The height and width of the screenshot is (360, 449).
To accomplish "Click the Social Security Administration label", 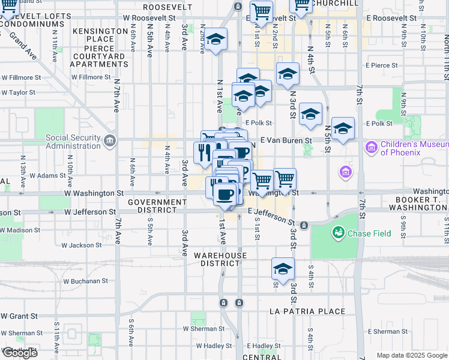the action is coord(74,142).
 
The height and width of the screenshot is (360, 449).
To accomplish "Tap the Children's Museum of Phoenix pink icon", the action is coord(370,146).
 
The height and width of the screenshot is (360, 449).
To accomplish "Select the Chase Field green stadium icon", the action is coord(338,232).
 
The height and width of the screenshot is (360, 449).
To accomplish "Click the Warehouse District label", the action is coord(220,259).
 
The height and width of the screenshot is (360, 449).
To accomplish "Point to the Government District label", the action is coord(157,206).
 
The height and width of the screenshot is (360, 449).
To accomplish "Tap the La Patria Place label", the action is coord(307,311).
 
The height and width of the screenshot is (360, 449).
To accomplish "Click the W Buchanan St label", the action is coord(86,280).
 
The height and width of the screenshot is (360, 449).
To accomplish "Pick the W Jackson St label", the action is coord(81,245).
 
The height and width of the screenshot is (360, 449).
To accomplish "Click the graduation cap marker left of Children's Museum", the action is coord(343,128).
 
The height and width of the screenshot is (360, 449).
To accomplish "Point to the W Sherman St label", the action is coord(203,329).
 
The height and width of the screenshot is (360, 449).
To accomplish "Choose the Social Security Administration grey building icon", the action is coord(109,141).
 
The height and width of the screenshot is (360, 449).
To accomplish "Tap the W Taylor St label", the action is coord(18,92).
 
